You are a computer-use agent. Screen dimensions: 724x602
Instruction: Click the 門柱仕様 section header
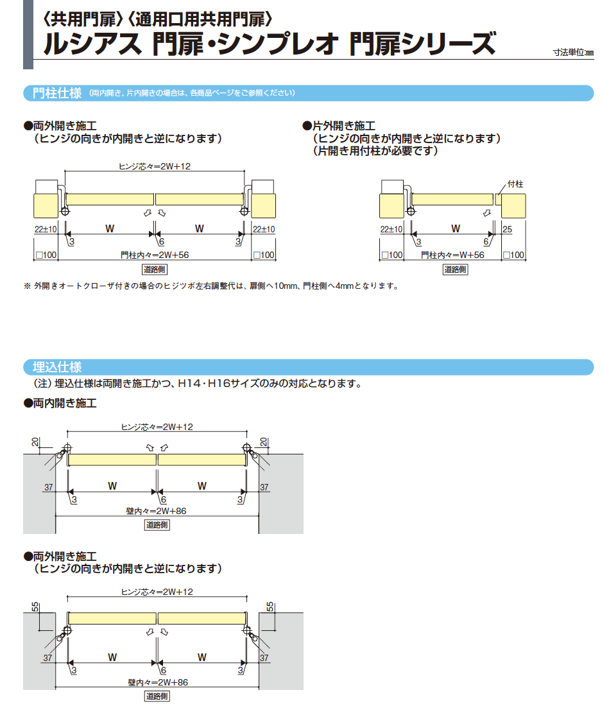57,93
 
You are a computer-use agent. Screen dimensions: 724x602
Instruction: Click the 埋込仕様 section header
57,368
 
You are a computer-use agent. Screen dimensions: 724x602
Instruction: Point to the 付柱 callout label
515,184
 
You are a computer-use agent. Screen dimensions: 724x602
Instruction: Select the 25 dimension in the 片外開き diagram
507,229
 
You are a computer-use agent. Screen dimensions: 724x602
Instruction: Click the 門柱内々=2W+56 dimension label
155,255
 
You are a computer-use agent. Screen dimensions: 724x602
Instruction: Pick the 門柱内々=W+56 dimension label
452,255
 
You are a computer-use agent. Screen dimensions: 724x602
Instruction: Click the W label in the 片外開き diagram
456,228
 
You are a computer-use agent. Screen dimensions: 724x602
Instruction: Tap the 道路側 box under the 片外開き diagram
456,270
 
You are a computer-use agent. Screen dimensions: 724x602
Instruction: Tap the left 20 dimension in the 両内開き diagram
35,442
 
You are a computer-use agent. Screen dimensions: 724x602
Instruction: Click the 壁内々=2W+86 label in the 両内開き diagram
157,511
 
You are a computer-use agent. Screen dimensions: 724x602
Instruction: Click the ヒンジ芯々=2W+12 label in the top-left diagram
155,166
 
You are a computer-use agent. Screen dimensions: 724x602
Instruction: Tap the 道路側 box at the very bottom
157,696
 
